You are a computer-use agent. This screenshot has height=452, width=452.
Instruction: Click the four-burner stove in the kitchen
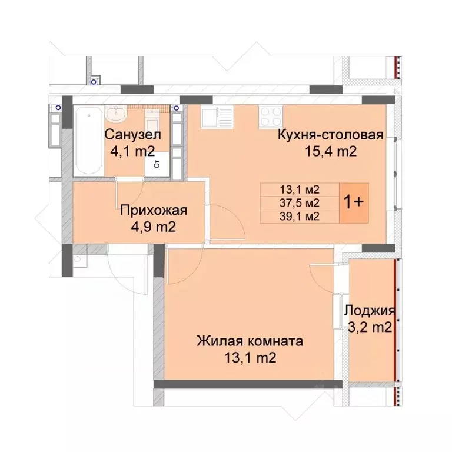coord(270,116)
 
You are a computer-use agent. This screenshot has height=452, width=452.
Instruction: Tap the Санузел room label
coord(132,135)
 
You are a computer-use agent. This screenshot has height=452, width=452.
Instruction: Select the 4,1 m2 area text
coord(132,151)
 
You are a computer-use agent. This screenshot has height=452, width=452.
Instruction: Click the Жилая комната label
coord(250,341)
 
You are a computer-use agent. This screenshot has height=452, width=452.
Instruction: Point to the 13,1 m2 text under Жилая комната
coord(250,357)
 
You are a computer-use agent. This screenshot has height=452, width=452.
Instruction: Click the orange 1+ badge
coord(354,202)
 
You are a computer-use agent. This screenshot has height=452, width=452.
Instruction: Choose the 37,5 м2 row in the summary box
coord(300,202)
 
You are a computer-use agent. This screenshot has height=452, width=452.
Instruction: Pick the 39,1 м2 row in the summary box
coord(300,215)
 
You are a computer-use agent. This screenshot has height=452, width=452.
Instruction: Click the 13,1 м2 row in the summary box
coord(300,190)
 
